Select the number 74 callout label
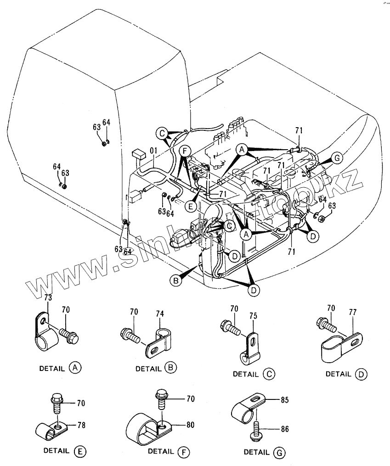pyautogui.click(x=159, y=314)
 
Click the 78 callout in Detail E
pyautogui.click(x=81, y=425)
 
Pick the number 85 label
pyautogui.click(x=284, y=400)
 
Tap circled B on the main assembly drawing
pyautogui.click(x=175, y=280)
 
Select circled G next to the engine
pyautogui.click(x=337, y=158)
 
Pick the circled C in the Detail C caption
pyautogui.click(x=269, y=374)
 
